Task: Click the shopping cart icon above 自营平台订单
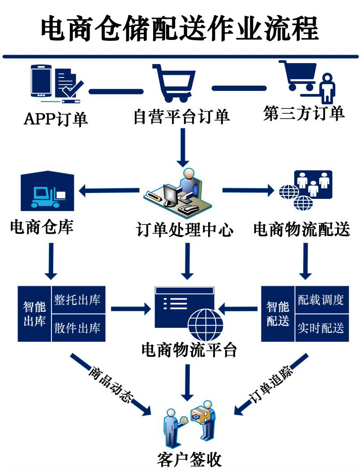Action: coord(174,82)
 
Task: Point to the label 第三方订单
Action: coord(304,113)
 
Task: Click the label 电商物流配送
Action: coord(301,229)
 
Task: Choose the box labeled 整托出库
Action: coord(77,300)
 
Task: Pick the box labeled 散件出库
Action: coord(77,327)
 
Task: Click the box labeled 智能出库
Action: coord(34,314)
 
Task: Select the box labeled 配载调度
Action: coord(321,300)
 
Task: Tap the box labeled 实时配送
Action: coord(321,327)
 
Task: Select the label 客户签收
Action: coord(189,460)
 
